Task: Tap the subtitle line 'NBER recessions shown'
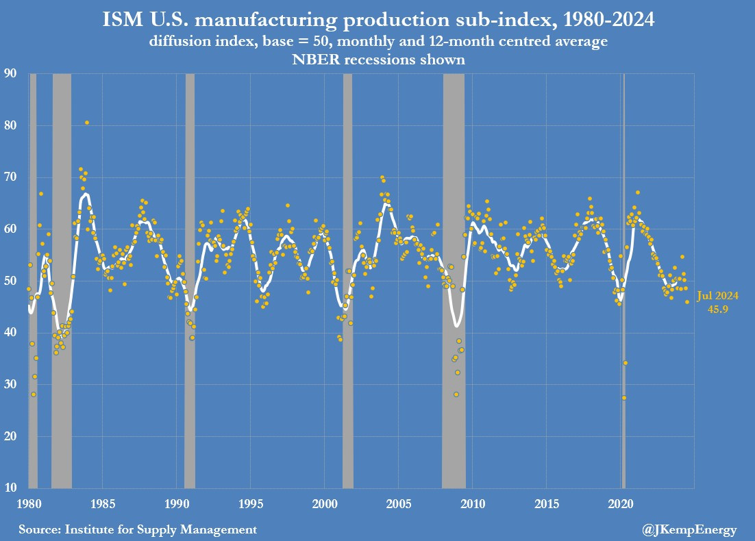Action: click(x=377, y=60)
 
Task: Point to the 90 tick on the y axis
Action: click(x=11, y=73)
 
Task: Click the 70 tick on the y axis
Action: click(x=11, y=177)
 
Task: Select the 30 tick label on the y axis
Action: click(x=11, y=384)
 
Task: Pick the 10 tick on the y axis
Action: click(x=11, y=488)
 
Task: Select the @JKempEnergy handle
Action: click(x=693, y=529)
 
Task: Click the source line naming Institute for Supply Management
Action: click(x=138, y=529)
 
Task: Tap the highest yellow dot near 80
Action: click(x=87, y=123)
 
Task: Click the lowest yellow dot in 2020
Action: click(x=623, y=398)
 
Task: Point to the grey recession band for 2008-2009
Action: click(x=454, y=274)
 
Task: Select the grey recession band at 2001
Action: click(x=347, y=274)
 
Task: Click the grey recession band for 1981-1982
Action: click(x=62, y=274)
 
